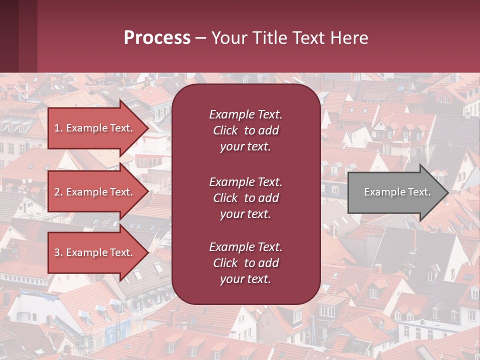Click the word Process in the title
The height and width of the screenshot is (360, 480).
point(157,38)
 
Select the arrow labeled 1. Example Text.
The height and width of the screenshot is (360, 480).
point(94,128)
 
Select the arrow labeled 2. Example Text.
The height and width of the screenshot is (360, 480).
point(94,192)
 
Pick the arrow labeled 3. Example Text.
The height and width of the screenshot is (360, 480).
point(94,252)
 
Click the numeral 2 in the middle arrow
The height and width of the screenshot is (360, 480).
point(57,192)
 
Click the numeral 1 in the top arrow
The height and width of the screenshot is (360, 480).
point(57,128)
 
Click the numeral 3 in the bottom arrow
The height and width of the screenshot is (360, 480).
point(57,252)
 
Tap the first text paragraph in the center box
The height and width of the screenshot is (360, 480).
point(245,130)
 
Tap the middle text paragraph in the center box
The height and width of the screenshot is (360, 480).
point(245,198)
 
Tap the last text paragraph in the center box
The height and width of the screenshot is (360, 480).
point(245,263)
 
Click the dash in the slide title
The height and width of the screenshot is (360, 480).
point(200,38)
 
